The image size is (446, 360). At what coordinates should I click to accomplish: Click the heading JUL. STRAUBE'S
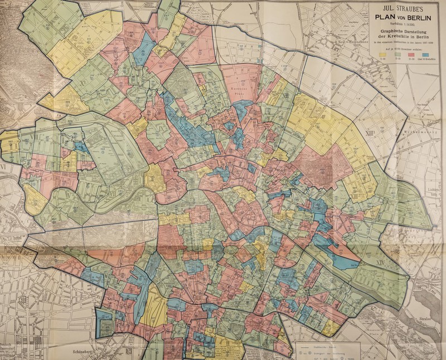pos(403,9)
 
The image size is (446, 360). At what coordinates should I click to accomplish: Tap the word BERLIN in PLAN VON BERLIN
pos(419,18)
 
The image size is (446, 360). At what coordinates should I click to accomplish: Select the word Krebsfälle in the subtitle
pos(396,37)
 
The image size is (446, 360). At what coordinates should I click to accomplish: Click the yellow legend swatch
pos(382,55)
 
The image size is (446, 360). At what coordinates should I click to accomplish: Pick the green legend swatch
pos(397,55)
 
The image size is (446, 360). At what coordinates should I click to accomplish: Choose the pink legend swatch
pos(411,55)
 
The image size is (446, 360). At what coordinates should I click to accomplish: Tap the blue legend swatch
pos(425,55)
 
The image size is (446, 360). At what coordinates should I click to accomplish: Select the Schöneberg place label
pos(82,352)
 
